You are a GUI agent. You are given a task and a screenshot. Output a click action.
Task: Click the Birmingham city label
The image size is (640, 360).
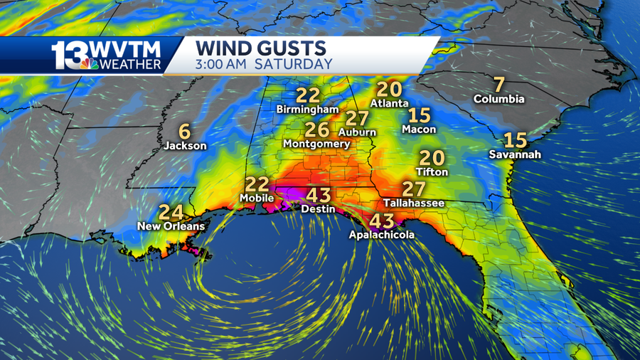coord(308,110)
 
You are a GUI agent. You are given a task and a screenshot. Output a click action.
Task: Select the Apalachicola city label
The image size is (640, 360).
coord(381,235)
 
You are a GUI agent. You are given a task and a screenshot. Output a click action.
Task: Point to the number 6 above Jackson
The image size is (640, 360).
coord(185,131)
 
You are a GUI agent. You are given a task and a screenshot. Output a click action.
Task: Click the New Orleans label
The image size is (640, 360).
coord(171,226)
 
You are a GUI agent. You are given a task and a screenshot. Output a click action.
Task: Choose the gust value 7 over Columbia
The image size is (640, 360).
coord(499,83)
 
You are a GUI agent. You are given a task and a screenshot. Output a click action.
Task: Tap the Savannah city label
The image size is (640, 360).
coord(516,154)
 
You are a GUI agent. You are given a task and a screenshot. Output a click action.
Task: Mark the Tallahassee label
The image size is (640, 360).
coord(413,203)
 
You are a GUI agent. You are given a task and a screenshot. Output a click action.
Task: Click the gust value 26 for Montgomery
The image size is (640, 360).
coord(317,129)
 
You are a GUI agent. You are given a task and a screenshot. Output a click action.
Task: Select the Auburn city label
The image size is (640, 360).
coord(357,132)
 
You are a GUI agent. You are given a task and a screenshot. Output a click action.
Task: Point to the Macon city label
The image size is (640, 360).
coord(419,129)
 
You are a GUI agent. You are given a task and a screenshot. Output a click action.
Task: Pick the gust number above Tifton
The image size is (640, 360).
coord(432,158)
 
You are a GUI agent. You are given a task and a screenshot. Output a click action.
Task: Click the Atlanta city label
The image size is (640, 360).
coord(390,104)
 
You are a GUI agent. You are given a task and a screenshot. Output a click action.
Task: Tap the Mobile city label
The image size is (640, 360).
coord(257,197)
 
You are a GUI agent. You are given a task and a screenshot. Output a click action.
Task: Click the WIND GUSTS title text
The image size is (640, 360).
coord(261,48)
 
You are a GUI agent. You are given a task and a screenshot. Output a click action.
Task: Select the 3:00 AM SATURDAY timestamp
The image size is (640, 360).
coord(265,64)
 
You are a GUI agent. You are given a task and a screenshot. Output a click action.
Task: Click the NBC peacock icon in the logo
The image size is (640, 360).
coord(89,64)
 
